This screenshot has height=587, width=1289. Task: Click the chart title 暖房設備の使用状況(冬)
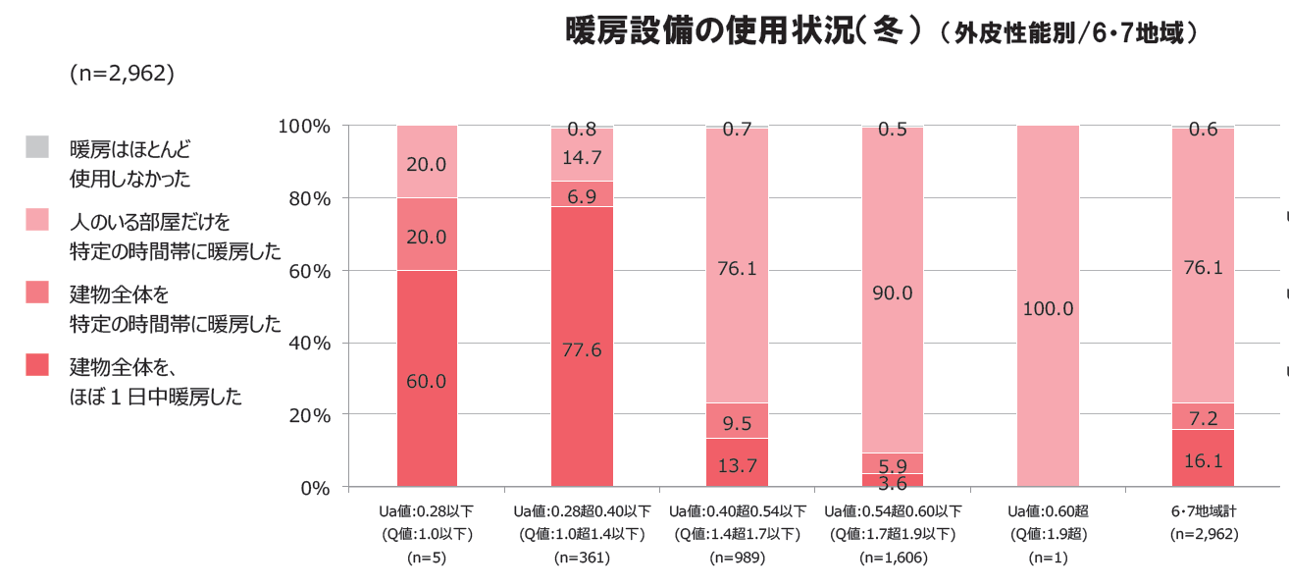pos(746,30)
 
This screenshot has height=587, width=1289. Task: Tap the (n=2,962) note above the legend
pos(122,74)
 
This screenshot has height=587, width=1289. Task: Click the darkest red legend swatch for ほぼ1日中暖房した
pos(37,365)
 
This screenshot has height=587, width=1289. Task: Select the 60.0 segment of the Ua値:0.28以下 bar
pos(427,381)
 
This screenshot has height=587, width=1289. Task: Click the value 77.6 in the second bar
pos(582,349)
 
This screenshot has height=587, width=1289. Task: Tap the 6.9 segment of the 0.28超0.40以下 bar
pos(582,195)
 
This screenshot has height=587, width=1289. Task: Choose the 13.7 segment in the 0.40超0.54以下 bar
pos(737,465)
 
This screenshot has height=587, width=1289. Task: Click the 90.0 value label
pos(893,293)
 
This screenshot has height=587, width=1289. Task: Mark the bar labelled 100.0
pos(1048,308)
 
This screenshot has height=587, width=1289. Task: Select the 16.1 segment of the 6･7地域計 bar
pos(1203,459)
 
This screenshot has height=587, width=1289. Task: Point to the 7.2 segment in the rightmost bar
pos(1203,418)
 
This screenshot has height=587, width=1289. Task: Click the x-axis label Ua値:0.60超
pos(1048,511)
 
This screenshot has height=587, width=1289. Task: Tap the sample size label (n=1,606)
pos(893,558)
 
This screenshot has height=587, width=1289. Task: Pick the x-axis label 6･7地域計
pos(1203,511)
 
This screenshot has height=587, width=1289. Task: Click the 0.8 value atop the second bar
pos(582,129)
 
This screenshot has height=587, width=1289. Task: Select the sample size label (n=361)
pos(582,558)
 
